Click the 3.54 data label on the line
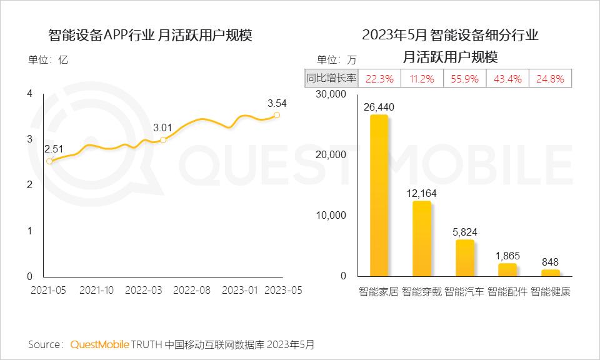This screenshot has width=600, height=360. click(277, 103)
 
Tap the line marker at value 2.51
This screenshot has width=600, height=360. click(50, 161)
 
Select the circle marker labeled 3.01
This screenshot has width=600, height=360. click(163, 140)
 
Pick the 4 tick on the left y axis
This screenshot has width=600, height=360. click(29, 94)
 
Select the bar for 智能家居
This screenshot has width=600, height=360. click(379, 196)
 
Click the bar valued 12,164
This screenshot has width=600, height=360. click(422, 239)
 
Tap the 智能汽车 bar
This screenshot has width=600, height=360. click(464, 257)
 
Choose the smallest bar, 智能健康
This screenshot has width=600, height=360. click(551, 273)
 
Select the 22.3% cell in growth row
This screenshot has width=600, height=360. click(379, 79)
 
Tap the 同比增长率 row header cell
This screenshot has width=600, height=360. click(331, 79)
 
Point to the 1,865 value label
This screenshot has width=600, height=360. click(507, 256)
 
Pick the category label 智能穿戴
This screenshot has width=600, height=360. click(422, 292)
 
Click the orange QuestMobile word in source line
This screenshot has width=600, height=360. click(100, 344)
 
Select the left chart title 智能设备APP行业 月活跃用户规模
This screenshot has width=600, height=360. click(151, 35)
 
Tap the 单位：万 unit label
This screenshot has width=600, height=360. click(336, 61)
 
